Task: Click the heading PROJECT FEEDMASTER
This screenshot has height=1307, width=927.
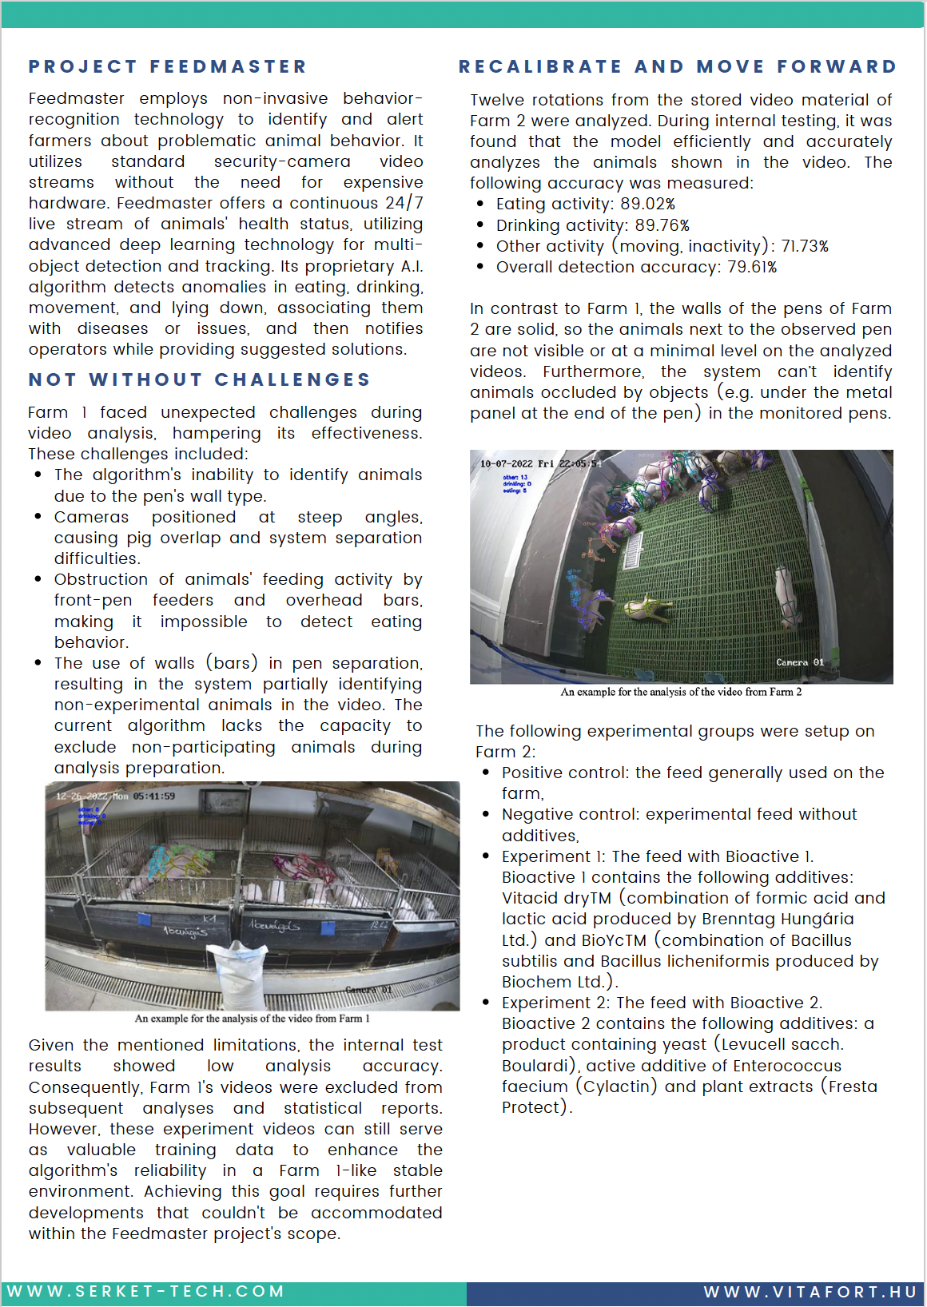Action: (x=168, y=66)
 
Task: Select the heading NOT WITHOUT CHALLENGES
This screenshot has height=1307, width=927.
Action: (x=200, y=379)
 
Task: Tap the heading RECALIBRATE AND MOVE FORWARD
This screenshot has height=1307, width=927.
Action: (x=678, y=66)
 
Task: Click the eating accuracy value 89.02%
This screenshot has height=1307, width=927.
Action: (x=647, y=204)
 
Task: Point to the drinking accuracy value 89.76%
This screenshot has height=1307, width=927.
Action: (x=662, y=225)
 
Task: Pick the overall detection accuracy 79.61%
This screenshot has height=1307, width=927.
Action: (x=752, y=267)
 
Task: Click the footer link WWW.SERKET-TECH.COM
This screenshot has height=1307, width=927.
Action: (x=145, y=1292)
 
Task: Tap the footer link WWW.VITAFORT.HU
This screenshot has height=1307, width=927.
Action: (x=810, y=1292)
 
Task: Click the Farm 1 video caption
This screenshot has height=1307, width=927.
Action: (x=253, y=1019)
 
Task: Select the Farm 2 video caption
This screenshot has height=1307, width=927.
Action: (x=681, y=692)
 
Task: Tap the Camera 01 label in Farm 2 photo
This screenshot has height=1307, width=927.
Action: (x=799, y=662)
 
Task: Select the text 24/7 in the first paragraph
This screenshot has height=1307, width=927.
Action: (x=404, y=203)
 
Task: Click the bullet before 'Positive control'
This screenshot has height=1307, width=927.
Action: (x=486, y=773)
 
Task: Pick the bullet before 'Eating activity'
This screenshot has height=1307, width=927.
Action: (x=480, y=204)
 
